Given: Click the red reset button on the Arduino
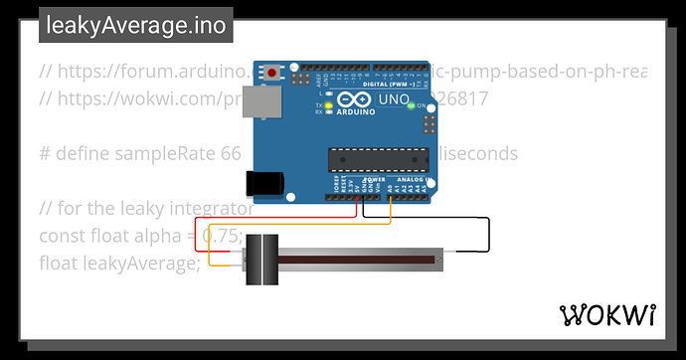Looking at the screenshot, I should [x=272, y=73].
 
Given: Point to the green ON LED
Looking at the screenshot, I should [x=412, y=104].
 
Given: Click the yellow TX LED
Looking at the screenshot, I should [x=329, y=104].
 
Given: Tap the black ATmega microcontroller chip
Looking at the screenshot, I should [x=377, y=159].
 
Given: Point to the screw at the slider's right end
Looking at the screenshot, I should [x=438, y=261].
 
